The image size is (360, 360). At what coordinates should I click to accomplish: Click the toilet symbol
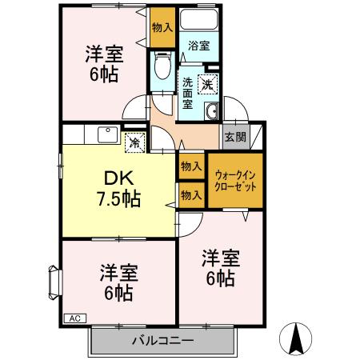coord(162,62)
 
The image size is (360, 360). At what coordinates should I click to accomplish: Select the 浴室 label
coord(199,46)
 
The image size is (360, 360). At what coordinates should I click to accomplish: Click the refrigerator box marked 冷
coord(134,144)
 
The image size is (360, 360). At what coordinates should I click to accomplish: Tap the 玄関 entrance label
coord(235,136)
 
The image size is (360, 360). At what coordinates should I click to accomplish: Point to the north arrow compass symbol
coord(295,340)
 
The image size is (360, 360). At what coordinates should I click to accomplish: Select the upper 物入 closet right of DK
coord(190,166)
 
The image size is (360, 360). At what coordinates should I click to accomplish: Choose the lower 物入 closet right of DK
coord(190,194)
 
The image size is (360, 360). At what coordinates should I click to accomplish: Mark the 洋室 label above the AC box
coord(118,273)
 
